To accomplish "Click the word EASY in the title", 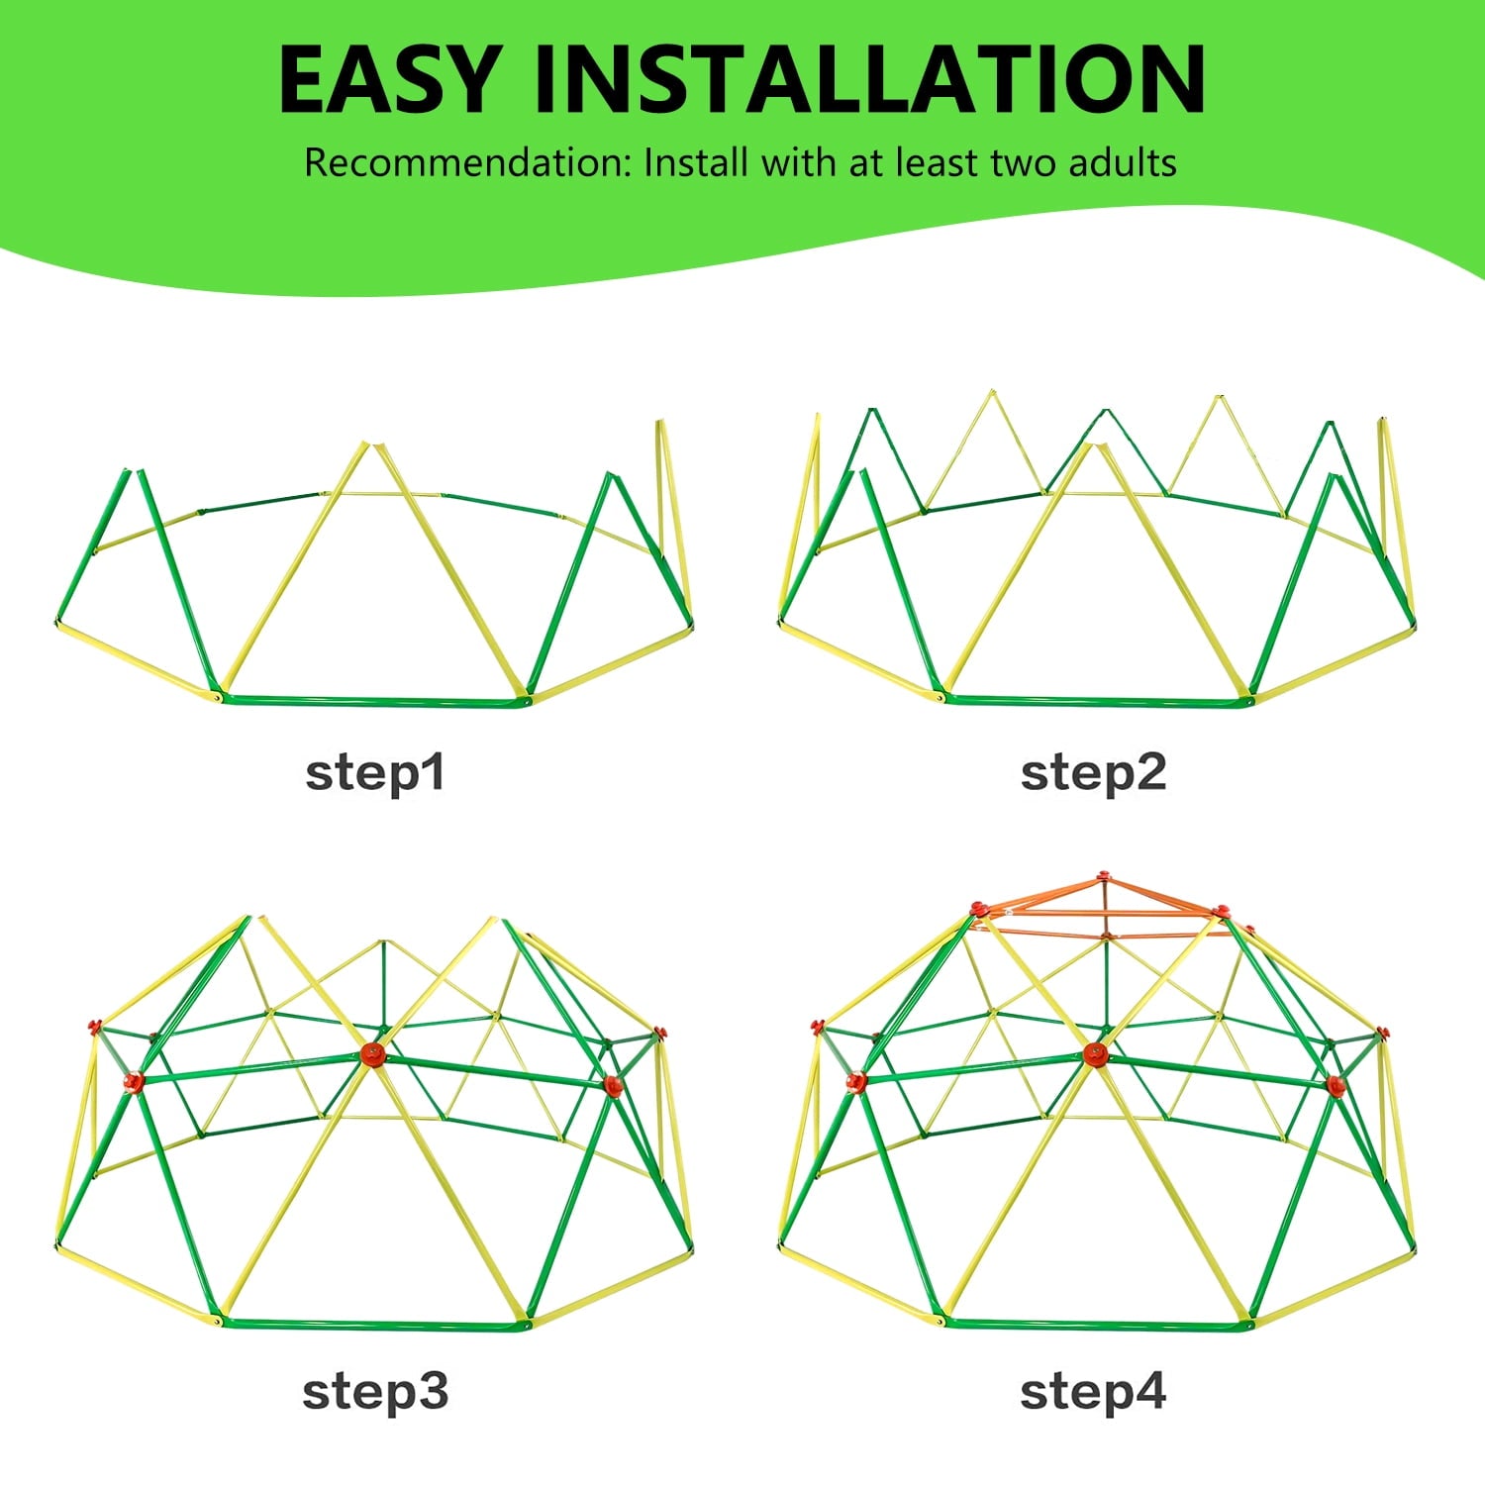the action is click(387, 79).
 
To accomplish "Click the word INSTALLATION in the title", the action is click(869, 79).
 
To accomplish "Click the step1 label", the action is click(375, 773).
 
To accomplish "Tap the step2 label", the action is click(1094, 773).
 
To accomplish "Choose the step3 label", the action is click(375, 1392).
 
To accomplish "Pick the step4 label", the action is click(1093, 1392).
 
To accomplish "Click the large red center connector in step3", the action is click(372, 1054).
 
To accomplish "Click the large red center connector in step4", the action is click(1095, 1054).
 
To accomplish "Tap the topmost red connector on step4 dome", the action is click(1104, 877).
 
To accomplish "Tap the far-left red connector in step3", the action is click(96, 1025).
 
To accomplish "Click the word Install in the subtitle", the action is click(697, 162).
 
